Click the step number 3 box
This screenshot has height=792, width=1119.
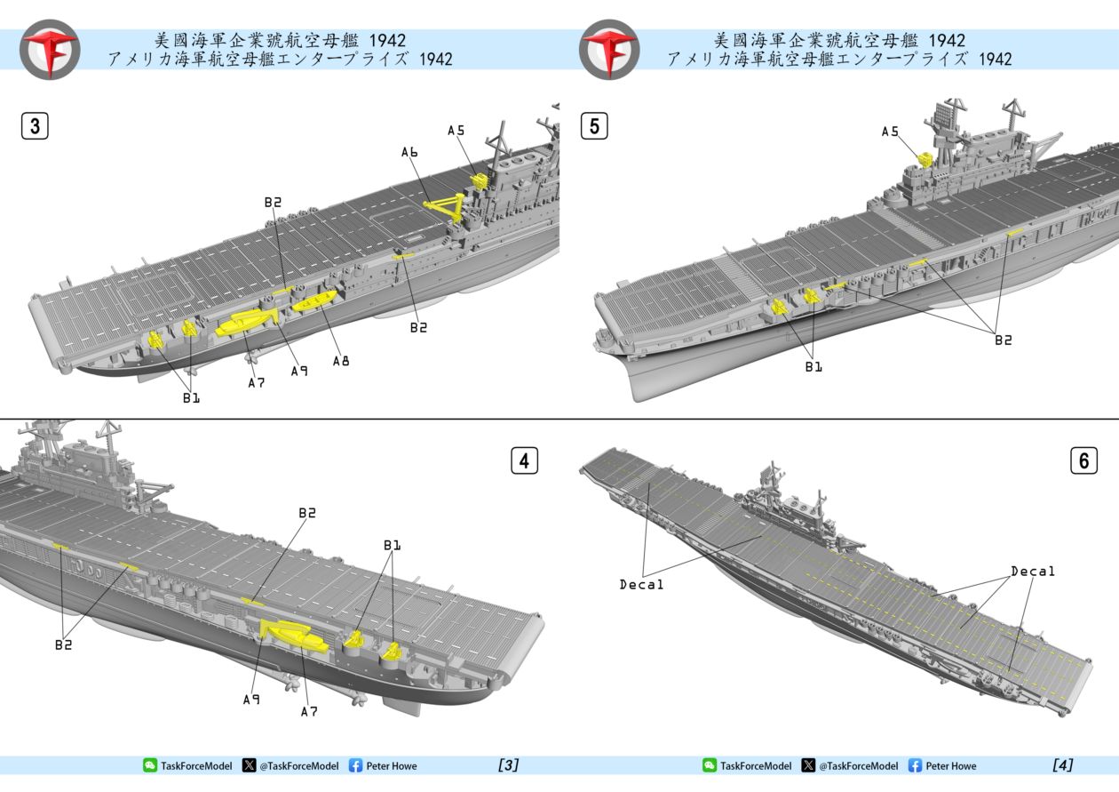(35, 126)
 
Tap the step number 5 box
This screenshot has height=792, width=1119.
(594, 126)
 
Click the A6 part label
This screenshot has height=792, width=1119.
(409, 152)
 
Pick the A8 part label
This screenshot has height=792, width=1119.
(341, 361)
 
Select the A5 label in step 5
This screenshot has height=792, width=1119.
(890, 132)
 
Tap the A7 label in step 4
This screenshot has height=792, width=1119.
(308, 711)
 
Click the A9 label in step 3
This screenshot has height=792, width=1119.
(299, 371)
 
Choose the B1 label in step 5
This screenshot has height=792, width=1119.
(813, 366)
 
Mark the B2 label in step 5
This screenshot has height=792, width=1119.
(1002, 340)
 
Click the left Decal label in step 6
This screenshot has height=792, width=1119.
(641, 584)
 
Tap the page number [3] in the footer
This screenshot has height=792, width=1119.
(508, 765)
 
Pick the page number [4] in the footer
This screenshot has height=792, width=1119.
(1062, 765)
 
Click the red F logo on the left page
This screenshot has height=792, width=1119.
(50, 49)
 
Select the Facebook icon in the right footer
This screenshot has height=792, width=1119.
(915, 765)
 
